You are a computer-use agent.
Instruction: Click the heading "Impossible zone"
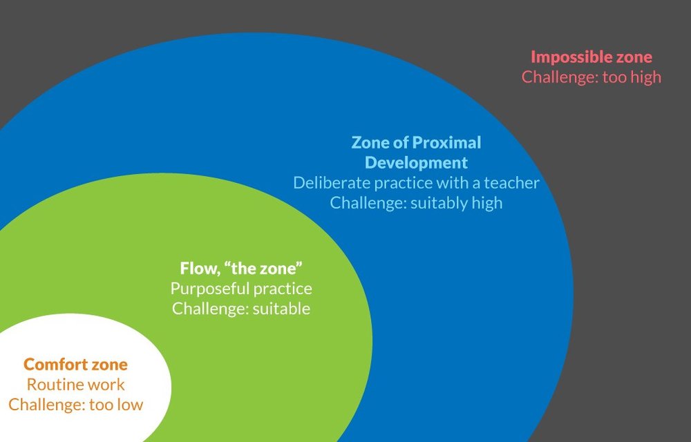pyautogui.click(x=591, y=57)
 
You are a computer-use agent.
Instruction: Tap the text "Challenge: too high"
pyautogui.click(x=591, y=77)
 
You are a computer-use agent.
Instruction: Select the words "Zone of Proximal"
pyautogui.click(x=416, y=143)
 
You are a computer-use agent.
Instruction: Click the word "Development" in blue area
pyautogui.click(x=416, y=163)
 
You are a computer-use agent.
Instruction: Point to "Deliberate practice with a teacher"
pyautogui.click(x=416, y=183)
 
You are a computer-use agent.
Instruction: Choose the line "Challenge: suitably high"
pyautogui.click(x=416, y=203)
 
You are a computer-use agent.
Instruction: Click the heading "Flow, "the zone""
pyautogui.click(x=241, y=268)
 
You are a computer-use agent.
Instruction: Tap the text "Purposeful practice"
pyautogui.click(x=241, y=289)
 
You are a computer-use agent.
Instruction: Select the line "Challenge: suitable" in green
pyautogui.click(x=241, y=309)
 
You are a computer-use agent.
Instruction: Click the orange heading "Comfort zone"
pyautogui.click(x=75, y=365)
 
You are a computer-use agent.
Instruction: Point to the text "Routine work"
pyautogui.click(x=75, y=385)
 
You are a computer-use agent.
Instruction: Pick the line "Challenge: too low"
pyautogui.click(x=75, y=405)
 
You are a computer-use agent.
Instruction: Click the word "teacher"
pyautogui.click(x=511, y=183)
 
